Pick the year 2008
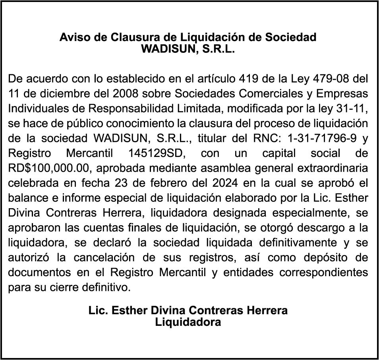pos(126,93)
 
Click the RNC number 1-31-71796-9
pos(317,138)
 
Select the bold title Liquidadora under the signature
pos(188,322)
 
